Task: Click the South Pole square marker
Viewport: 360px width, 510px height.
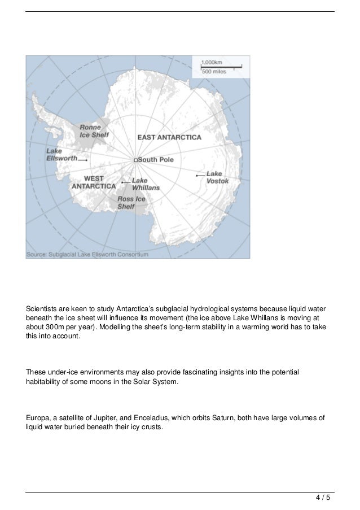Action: (135, 160)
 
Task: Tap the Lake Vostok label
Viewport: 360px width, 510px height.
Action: (214, 177)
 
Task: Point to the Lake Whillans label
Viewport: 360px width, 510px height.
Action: (145, 184)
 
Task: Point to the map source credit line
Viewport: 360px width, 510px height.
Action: (87, 254)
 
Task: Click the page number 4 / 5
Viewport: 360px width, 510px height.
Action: (323, 498)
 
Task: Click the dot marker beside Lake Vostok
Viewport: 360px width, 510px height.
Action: (196, 176)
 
